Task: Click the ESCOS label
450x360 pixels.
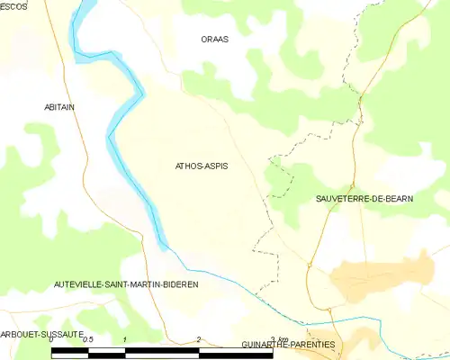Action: (x=13, y=6)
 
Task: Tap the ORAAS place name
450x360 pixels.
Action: (x=214, y=40)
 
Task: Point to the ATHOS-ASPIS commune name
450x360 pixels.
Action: (x=201, y=166)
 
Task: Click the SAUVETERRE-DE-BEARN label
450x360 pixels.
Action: (x=364, y=198)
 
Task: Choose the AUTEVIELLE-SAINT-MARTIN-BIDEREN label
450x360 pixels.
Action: (x=126, y=283)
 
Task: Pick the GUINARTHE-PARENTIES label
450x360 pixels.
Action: (x=288, y=345)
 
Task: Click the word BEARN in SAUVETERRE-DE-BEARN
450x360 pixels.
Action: (x=398, y=198)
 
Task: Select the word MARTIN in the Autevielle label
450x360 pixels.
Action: (x=143, y=283)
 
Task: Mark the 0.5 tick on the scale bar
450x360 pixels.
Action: (x=87, y=339)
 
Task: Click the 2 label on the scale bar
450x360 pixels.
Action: (x=198, y=339)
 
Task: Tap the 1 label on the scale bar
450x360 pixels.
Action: (x=124, y=339)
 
